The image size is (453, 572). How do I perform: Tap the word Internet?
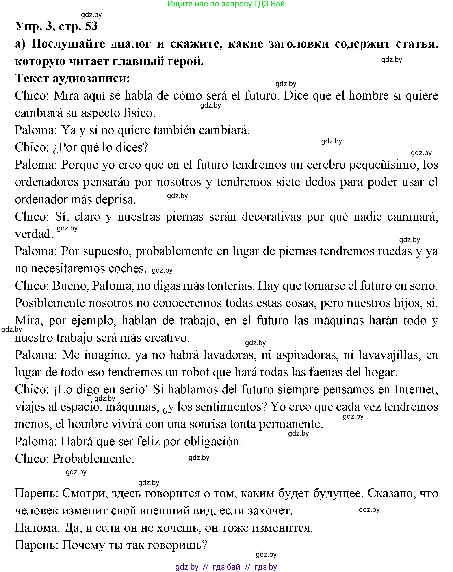416,390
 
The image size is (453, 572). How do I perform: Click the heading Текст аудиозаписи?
72,78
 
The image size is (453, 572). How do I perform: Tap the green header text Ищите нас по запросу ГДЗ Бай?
226,4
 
